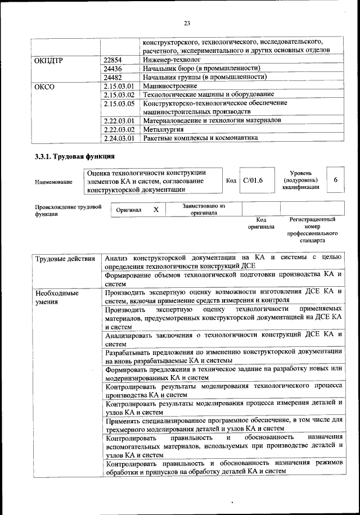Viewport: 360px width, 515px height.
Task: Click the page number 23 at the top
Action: point(187,23)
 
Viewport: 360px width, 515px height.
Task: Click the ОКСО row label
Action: point(44,86)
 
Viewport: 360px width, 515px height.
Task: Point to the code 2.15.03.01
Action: point(119,86)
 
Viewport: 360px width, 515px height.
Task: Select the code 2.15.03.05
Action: point(119,103)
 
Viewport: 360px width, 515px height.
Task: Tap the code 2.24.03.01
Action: point(119,137)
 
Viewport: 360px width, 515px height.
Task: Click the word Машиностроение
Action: point(170,86)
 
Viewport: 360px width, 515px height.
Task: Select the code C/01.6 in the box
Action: point(253,180)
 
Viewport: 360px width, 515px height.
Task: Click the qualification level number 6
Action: point(335,180)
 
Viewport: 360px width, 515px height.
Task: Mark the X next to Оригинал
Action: point(156,209)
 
